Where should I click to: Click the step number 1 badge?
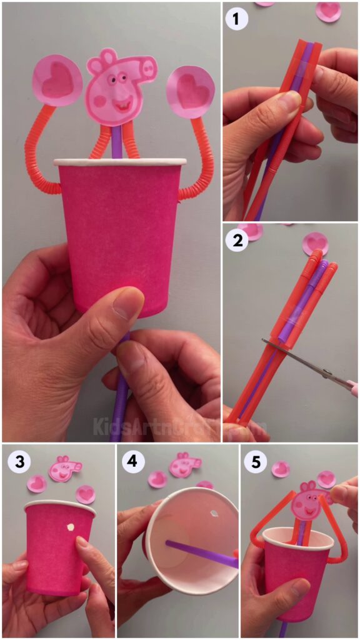coord(237,19)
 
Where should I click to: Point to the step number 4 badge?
coord(133,462)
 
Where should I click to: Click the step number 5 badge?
coord(257,462)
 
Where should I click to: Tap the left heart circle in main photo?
coord(57,81)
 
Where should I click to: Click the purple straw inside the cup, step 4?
coord(200,554)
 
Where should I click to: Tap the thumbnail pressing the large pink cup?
coord(129,303)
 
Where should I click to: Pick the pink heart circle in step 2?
coord(316,243)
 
